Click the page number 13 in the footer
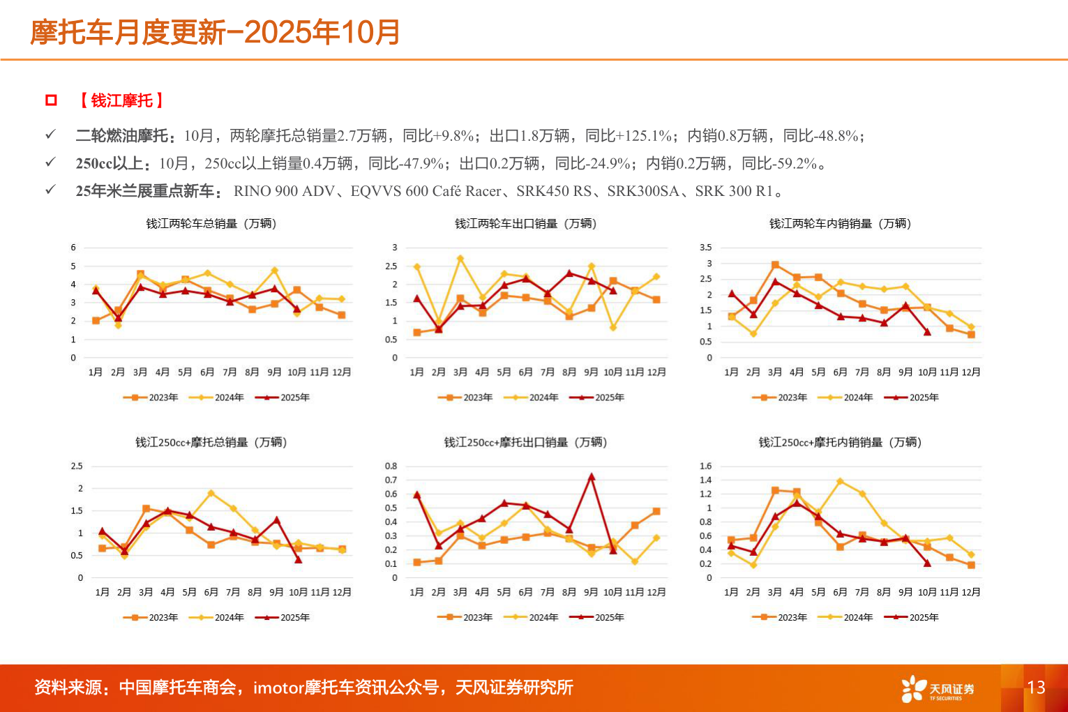point(1036,688)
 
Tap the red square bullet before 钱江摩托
point(51,100)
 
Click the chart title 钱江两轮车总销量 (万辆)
point(211,224)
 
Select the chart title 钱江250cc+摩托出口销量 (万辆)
point(525,442)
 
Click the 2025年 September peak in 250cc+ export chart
point(592,477)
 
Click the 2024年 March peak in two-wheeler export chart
point(460,259)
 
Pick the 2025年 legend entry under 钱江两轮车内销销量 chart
point(912,397)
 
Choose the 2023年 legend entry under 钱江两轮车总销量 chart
point(151,397)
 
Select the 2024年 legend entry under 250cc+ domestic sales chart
point(845,617)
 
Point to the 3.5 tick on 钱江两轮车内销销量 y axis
point(706,248)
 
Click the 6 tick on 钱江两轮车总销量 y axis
point(73,248)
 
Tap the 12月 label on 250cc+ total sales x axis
point(342,592)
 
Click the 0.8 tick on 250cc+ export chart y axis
point(391,466)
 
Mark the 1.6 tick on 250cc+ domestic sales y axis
point(706,466)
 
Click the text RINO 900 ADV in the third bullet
point(284,191)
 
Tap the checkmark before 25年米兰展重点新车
point(50,190)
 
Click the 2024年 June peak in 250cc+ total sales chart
point(211,493)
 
